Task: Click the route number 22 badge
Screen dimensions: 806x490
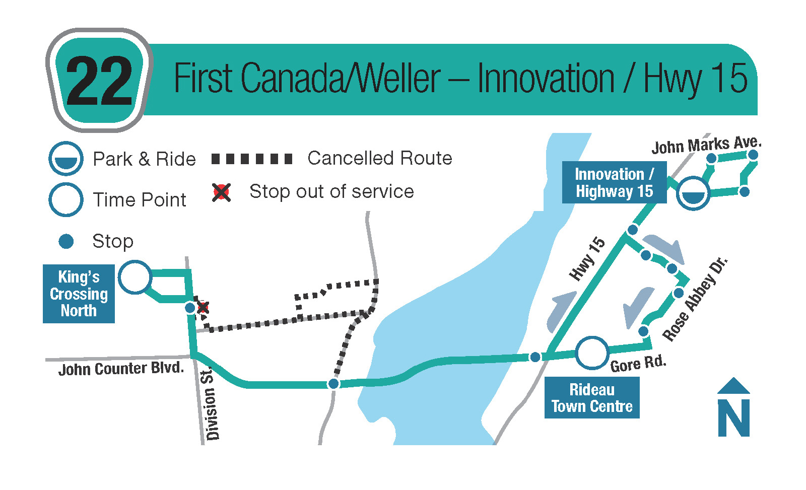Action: click(99, 80)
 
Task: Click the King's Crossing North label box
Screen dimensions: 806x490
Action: click(79, 294)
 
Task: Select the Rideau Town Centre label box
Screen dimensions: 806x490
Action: click(592, 397)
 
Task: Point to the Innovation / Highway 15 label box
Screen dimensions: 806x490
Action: click(614, 182)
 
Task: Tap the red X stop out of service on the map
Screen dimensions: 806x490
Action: click(203, 308)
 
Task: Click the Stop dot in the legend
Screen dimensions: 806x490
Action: click(66, 241)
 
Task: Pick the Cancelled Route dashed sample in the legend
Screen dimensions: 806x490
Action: click(252, 159)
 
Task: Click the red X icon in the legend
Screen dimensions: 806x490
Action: click(221, 192)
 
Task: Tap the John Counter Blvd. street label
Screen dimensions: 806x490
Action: click(121, 369)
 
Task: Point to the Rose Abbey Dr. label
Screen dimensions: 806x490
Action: click(695, 299)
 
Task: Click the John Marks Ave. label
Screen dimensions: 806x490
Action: click(707, 146)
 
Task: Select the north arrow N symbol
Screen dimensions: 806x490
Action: click(733, 407)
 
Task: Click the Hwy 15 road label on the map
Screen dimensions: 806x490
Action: click(587, 259)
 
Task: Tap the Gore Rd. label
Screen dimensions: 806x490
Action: click(638, 364)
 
